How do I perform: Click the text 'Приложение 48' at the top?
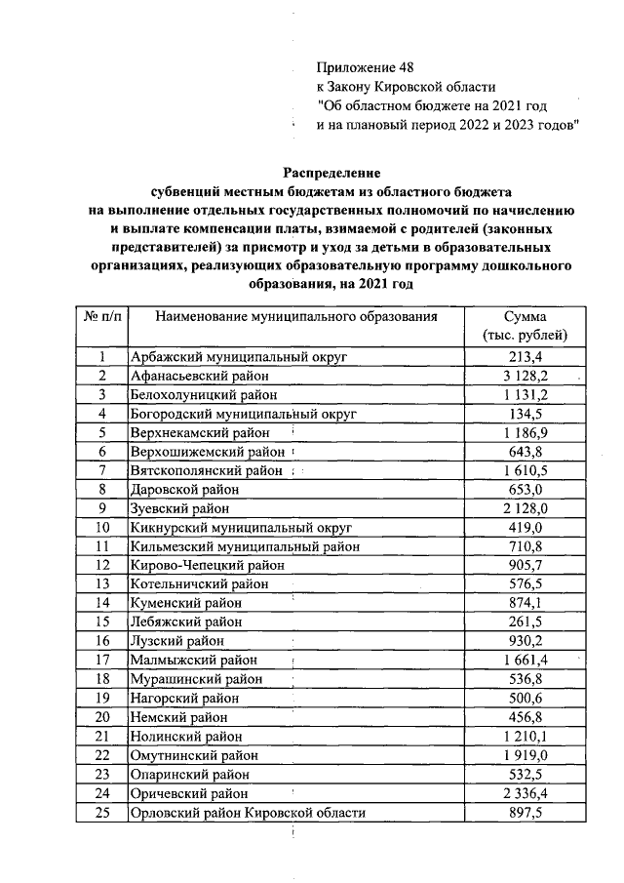point(366,67)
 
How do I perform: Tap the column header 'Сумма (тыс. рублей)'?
point(526,326)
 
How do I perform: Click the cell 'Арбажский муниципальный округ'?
point(239,358)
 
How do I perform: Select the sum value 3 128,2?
point(526,377)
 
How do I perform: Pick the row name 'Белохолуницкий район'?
point(204,395)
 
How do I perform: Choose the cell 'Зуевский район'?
point(180,508)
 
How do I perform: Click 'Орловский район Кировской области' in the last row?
point(249,813)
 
